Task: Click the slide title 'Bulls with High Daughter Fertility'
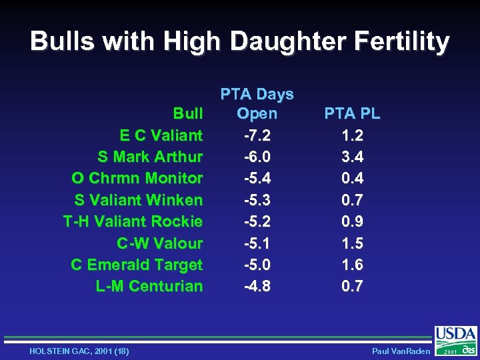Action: point(240,41)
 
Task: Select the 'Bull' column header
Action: point(187,114)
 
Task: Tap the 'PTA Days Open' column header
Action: point(257,104)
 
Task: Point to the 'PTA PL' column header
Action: point(352,114)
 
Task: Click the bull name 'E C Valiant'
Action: point(161,135)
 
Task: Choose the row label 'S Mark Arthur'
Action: point(150,157)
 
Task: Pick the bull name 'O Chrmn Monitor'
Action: point(137,179)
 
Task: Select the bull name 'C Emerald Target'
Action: point(137,265)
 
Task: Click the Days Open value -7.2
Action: point(257,135)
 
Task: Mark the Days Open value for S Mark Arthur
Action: point(257,157)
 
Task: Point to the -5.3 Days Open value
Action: point(257,200)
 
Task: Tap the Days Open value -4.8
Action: point(257,286)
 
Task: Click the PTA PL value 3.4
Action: point(352,157)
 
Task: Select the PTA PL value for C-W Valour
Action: point(352,243)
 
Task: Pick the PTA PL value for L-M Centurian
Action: point(352,286)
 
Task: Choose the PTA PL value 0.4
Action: point(352,179)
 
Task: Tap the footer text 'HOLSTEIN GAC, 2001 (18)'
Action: point(79,351)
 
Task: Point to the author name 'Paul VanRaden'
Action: point(401,351)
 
